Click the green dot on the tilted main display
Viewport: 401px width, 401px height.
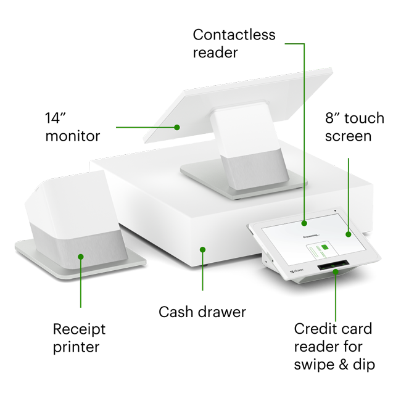tap(177, 128)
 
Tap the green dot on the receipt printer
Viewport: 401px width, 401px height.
tap(80, 255)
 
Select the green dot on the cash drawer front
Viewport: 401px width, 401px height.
tap(202, 249)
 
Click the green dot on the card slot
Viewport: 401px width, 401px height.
tap(336, 271)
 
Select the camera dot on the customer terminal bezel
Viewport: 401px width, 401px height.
tap(335, 210)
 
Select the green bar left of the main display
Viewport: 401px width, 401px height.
tap(131, 130)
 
